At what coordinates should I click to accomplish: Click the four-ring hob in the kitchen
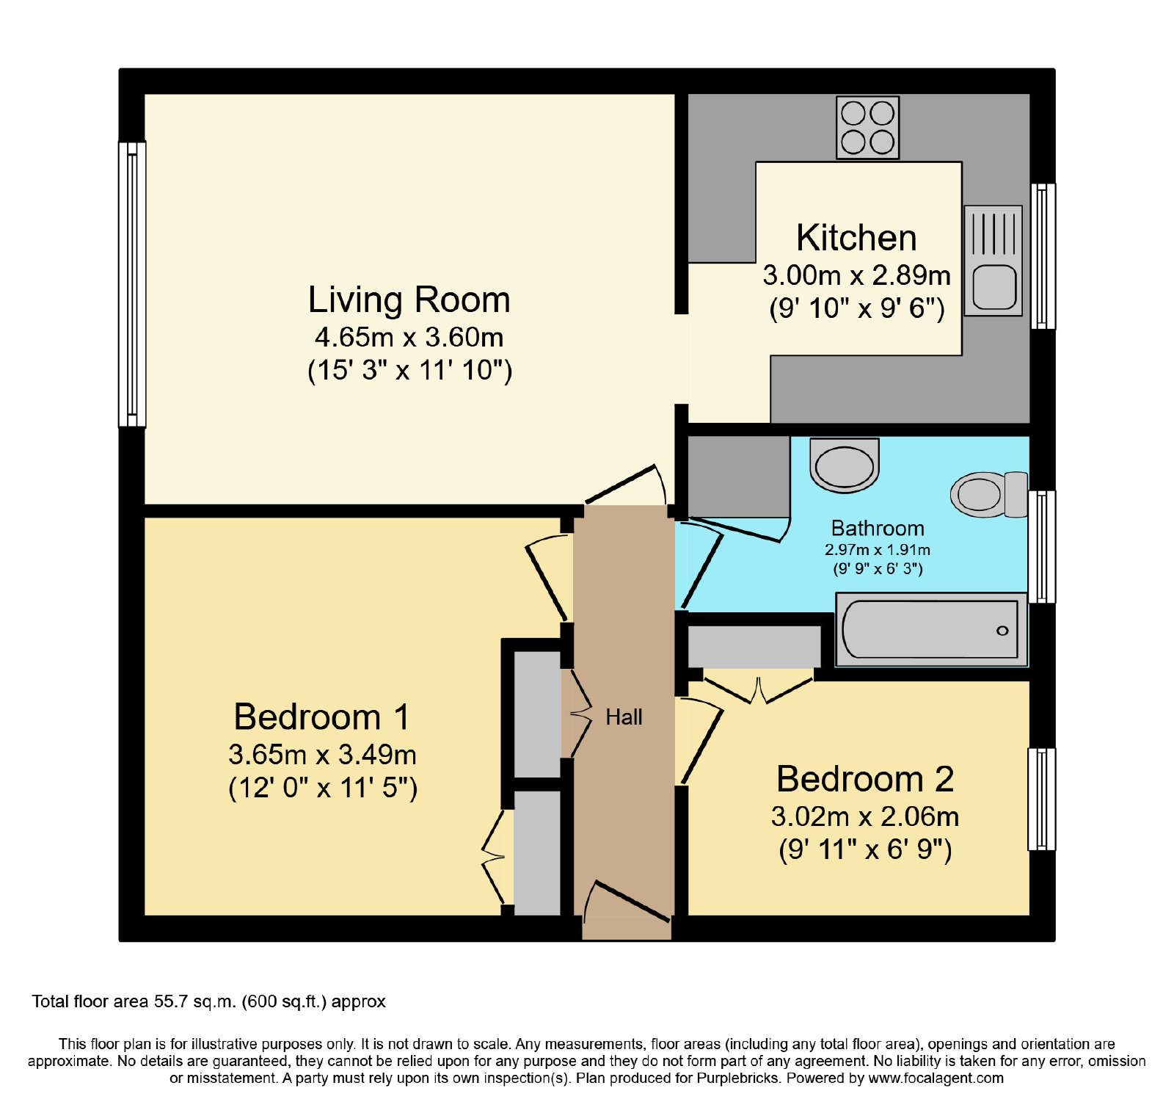(867, 128)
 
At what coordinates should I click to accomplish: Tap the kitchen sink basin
(994, 287)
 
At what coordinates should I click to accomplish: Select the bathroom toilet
(989, 494)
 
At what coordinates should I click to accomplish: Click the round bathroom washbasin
(845, 466)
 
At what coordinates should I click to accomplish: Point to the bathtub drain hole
(1002, 631)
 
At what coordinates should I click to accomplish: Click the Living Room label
(409, 300)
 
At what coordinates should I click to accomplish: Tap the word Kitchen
(856, 238)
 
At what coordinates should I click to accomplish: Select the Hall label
(624, 717)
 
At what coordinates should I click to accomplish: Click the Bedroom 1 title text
(322, 717)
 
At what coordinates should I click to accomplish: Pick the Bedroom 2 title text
(865, 779)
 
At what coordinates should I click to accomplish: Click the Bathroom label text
(878, 529)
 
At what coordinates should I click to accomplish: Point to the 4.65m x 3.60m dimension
(409, 337)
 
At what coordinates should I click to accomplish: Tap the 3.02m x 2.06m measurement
(865, 816)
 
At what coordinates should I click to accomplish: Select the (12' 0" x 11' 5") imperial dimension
(323, 788)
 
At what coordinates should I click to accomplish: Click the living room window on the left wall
(132, 284)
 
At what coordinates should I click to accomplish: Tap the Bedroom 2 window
(1042, 799)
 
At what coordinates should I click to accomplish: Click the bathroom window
(1042, 547)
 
